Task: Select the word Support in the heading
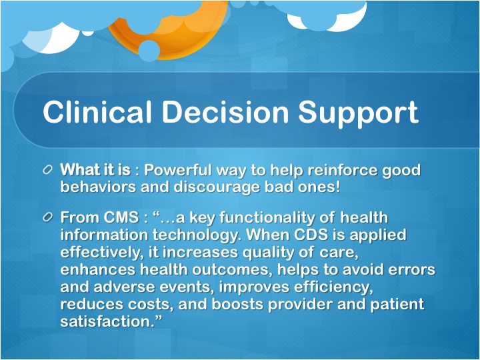tap(358, 113)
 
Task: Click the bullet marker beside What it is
tap(47, 170)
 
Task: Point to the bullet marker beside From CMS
tap(47, 217)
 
